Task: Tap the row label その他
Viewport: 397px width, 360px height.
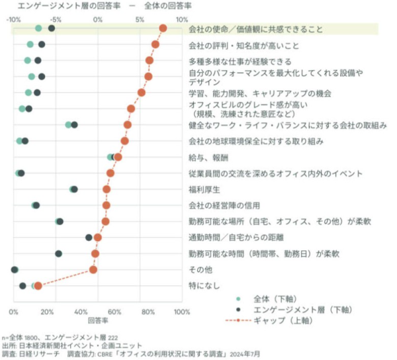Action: click(x=200, y=269)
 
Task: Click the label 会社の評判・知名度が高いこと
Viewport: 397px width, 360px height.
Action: click(x=243, y=46)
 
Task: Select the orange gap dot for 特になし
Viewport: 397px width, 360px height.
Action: click(x=38, y=286)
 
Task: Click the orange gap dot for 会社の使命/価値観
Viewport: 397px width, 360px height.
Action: click(x=163, y=28)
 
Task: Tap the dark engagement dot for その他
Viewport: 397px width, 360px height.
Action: click(x=15, y=269)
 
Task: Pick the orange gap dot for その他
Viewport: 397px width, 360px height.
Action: click(x=93, y=269)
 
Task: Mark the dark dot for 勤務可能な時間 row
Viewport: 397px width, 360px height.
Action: click(x=58, y=253)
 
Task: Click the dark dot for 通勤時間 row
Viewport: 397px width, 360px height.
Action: click(x=89, y=237)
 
